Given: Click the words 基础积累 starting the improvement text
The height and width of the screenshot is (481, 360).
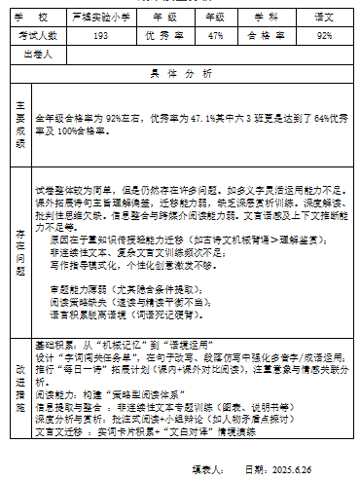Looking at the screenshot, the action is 50,345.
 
